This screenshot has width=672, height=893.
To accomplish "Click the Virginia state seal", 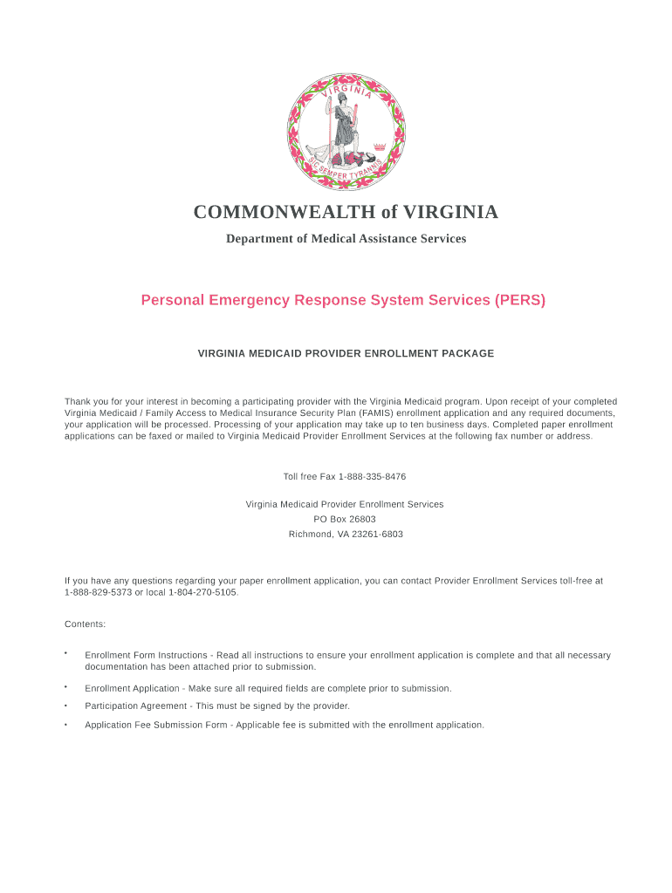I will [x=346, y=132].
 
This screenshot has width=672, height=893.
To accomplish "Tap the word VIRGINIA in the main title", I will [x=447, y=212].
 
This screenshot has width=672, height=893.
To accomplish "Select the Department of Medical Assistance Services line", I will [x=346, y=238].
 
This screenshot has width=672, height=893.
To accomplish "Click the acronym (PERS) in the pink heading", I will [x=519, y=300].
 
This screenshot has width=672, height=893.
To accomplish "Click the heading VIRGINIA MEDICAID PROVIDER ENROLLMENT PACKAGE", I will [x=346, y=354].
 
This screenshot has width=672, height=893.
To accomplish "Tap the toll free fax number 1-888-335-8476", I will [x=372, y=477].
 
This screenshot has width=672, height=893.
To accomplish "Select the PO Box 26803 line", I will [x=345, y=519].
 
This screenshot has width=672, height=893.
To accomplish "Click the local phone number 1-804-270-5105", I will [x=202, y=593].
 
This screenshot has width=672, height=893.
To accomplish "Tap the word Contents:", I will [x=86, y=624].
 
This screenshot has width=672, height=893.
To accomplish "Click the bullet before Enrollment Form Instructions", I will [x=65, y=653].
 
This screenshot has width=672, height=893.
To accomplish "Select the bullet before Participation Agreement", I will [x=65, y=706].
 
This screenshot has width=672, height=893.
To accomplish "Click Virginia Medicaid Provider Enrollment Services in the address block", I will [x=345, y=504].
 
